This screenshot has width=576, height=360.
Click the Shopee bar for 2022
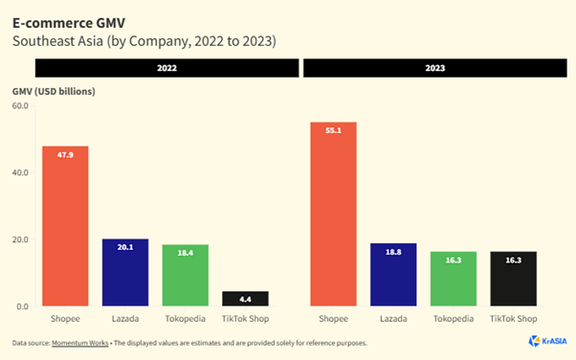click(65, 226)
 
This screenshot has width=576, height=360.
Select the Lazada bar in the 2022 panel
click(125, 273)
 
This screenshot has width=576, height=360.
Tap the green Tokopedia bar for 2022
click(186, 276)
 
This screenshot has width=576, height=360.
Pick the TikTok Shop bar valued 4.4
click(245, 299)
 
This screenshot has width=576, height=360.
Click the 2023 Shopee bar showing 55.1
click(333, 214)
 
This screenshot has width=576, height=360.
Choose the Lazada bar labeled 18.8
click(393, 275)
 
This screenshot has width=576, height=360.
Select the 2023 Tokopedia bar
click(454, 279)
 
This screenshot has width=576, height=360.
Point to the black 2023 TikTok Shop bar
click(513, 279)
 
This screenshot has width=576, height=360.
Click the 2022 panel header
click(167, 68)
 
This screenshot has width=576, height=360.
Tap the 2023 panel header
click(435, 68)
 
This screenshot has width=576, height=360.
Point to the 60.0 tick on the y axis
click(20, 106)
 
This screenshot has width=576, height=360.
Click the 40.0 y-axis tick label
click(20, 173)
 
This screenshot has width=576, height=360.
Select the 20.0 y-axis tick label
click(20, 239)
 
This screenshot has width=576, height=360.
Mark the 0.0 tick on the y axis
click(22, 306)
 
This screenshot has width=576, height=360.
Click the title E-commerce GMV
click(69, 23)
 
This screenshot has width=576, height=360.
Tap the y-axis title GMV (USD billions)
click(54, 92)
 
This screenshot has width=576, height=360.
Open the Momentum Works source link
click(80, 343)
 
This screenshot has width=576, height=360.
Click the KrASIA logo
click(547, 341)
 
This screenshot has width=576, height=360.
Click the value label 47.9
click(65, 155)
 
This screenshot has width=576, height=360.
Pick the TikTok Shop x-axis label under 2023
click(513, 319)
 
